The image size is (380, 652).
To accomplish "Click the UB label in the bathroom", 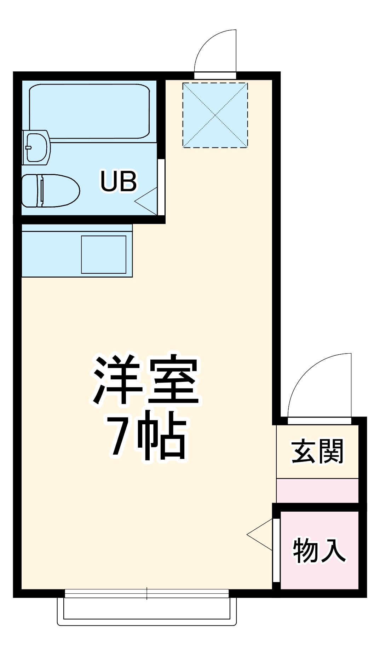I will pos(119,181).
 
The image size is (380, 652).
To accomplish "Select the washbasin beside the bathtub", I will pos(36,147).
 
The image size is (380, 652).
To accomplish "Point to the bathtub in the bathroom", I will pos(89,111).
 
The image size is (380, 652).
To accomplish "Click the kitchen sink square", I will pos(104,254).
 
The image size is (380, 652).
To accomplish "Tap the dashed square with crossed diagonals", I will pos(215,115).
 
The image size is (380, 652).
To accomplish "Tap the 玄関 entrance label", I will pos(317,452).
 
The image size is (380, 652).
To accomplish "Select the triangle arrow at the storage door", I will pos(260,535).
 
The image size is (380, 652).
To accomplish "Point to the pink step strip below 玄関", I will pos(317,490).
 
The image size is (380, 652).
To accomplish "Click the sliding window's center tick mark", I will pos(147,593).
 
